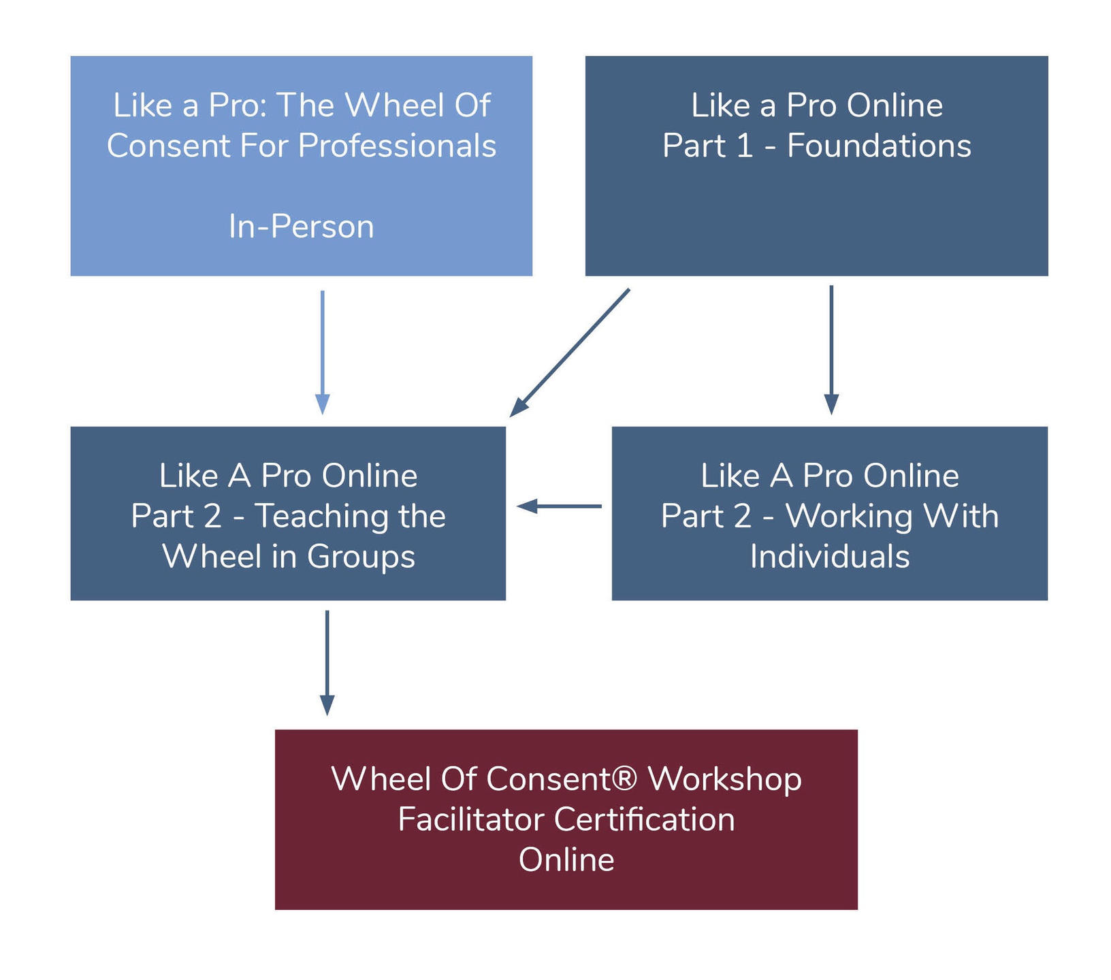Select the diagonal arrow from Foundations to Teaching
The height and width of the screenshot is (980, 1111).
point(570,352)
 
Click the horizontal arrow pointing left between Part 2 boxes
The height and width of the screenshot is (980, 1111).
point(559,506)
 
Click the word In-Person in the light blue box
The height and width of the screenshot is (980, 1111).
point(301,227)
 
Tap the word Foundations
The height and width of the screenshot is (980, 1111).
point(879,146)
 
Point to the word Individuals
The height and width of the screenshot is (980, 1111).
point(830,557)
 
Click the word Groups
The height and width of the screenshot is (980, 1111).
point(361,557)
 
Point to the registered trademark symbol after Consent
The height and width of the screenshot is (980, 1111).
point(625,779)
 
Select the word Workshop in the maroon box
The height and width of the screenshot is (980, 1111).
point(724,779)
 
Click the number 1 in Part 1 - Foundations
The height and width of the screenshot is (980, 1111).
point(744,146)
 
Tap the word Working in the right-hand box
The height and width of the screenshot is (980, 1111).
point(839,517)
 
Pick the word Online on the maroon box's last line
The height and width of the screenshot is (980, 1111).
point(566,860)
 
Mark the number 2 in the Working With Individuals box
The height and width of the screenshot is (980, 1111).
point(743,516)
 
